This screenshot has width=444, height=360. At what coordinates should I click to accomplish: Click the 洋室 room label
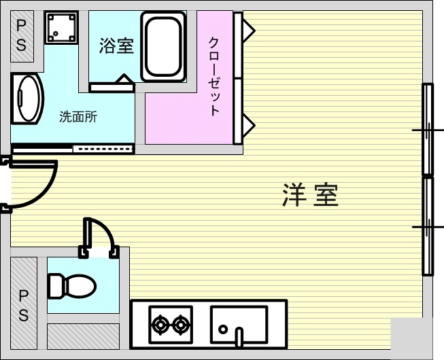coord(310,195)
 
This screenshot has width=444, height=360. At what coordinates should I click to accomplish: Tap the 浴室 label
coord(116,46)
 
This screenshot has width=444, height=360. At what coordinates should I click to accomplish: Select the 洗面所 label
coord(78,117)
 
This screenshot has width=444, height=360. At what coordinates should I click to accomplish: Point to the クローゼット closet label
coord(214,77)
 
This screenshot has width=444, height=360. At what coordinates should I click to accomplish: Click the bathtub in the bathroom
coord(163,47)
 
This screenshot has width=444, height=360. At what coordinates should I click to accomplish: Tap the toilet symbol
coord(72,286)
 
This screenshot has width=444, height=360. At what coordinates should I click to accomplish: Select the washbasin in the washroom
coord(27,98)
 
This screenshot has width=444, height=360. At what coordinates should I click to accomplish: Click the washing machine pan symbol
coord(61,27)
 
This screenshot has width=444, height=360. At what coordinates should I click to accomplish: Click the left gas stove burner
coord(160,325)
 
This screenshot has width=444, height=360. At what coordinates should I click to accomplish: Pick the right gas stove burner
coord(180,325)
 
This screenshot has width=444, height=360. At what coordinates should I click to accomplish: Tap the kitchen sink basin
coord(239,325)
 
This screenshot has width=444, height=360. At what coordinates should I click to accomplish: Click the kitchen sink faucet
coord(239,337)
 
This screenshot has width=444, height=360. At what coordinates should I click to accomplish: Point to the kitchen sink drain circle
coord(223,329)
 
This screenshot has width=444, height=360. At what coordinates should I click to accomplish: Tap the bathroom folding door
coord(112,84)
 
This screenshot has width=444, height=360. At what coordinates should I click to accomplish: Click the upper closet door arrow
coord(249,31)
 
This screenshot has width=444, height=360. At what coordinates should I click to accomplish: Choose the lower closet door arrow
coord(249,125)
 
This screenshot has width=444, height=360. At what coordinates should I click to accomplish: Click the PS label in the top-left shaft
coord(22,36)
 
